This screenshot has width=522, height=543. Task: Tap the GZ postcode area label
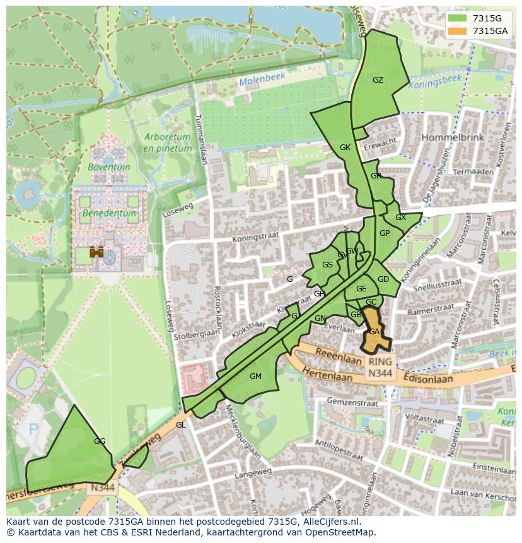coord(378,80)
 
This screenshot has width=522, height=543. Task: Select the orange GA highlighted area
coord(375,335)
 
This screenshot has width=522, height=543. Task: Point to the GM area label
coord(255,377)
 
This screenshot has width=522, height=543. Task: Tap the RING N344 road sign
coord(381,368)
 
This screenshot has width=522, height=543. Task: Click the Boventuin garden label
coord(109,167)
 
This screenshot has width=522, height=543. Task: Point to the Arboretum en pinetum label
coord(167,143)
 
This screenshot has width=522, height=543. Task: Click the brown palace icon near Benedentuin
coord(96,252)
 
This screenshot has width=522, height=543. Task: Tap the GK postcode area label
coord(345,148)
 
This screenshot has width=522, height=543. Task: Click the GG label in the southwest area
coord(99,441)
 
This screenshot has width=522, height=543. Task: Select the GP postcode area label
coord(385,233)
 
